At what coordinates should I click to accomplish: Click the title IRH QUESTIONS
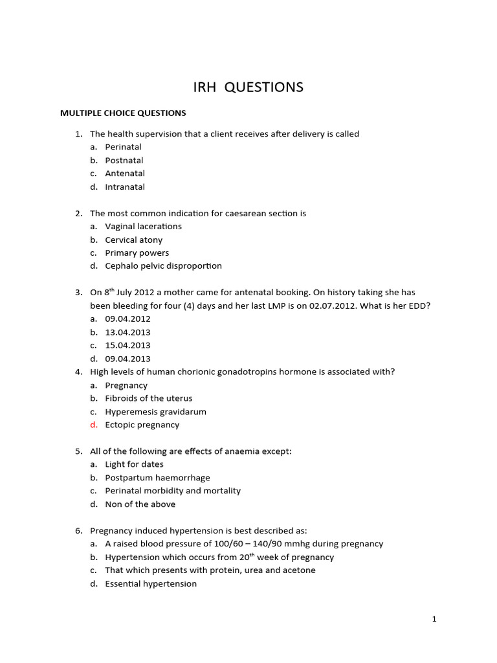[x=248, y=87]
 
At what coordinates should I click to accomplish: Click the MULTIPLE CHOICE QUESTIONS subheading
[x=123, y=113]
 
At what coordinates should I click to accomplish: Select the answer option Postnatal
[x=124, y=161]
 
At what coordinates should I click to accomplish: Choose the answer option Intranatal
[x=125, y=187]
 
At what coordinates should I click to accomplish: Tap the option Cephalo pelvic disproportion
[x=163, y=266]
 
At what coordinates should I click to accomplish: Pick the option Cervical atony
[x=134, y=240]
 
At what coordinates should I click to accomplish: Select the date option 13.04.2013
[x=127, y=332]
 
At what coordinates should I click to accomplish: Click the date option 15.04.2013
[x=127, y=346]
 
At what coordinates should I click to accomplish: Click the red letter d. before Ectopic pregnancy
[x=94, y=425]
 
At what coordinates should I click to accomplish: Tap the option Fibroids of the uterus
[x=149, y=399]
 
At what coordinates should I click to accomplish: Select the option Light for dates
[x=134, y=464]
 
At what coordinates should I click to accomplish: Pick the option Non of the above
[x=140, y=504]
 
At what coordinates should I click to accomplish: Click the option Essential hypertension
[x=151, y=584]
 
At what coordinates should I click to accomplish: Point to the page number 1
[x=434, y=620]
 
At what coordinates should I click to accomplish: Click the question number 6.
[x=78, y=531]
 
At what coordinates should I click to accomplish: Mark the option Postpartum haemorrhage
[x=158, y=478]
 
